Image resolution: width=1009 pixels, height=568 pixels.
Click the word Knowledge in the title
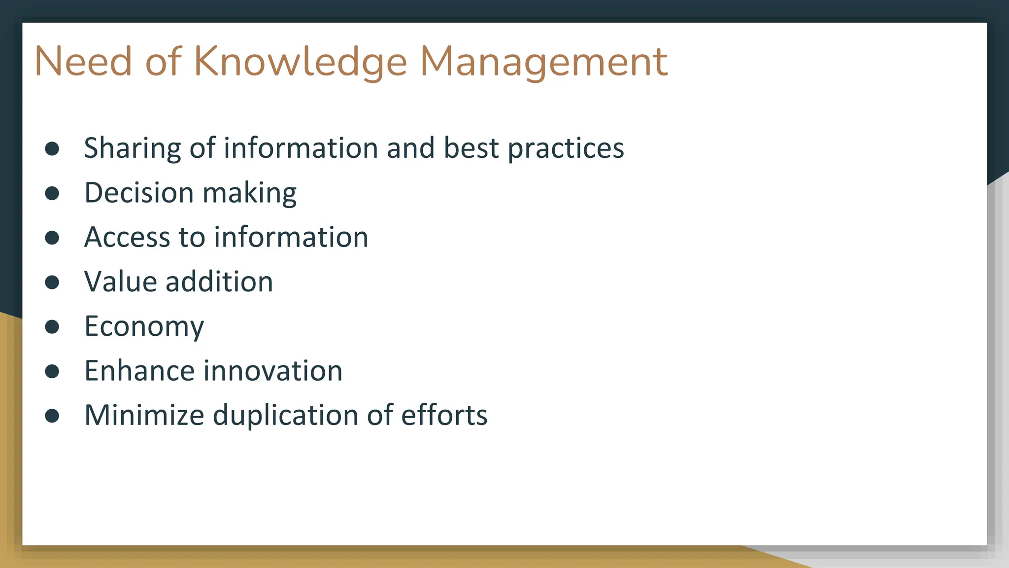pyautogui.click(x=301, y=62)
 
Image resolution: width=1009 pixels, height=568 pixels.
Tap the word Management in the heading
pyautogui.click(x=543, y=62)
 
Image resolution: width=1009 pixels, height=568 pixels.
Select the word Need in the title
pyautogui.click(x=83, y=62)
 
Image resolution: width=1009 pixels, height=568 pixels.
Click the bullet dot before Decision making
pyautogui.click(x=52, y=193)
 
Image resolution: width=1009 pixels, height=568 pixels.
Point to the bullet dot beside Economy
pyautogui.click(x=52, y=326)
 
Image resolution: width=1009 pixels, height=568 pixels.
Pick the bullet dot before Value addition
pyautogui.click(x=52, y=282)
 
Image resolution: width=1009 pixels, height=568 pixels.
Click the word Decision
pyautogui.click(x=139, y=193)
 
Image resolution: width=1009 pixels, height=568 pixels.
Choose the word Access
pyautogui.click(x=127, y=237)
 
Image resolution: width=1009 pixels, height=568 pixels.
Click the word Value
pyautogui.click(x=120, y=282)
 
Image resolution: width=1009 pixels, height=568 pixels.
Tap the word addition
pyautogui.click(x=219, y=282)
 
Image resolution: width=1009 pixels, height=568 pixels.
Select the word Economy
pyautogui.click(x=144, y=326)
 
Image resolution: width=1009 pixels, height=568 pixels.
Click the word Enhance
pyautogui.click(x=139, y=371)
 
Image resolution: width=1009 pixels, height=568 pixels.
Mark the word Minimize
pyautogui.click(x=144, y=415)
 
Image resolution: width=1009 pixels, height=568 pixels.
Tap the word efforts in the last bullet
pyautogui.click(x=444, y=415)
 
